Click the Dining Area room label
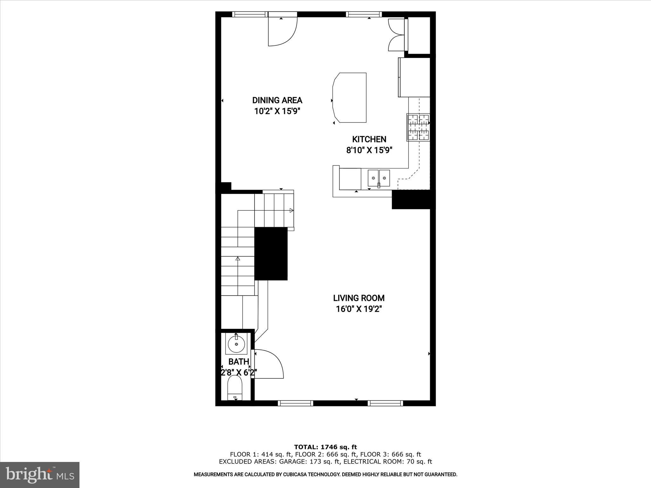277,100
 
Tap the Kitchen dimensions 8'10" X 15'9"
369,150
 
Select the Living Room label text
359,298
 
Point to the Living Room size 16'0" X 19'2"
359,309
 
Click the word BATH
239,362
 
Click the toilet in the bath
235,388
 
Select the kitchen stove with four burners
418,127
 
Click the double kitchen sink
379,178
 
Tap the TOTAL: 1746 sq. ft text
325,447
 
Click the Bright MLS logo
40,475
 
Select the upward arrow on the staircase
237,259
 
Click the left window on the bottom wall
296,403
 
